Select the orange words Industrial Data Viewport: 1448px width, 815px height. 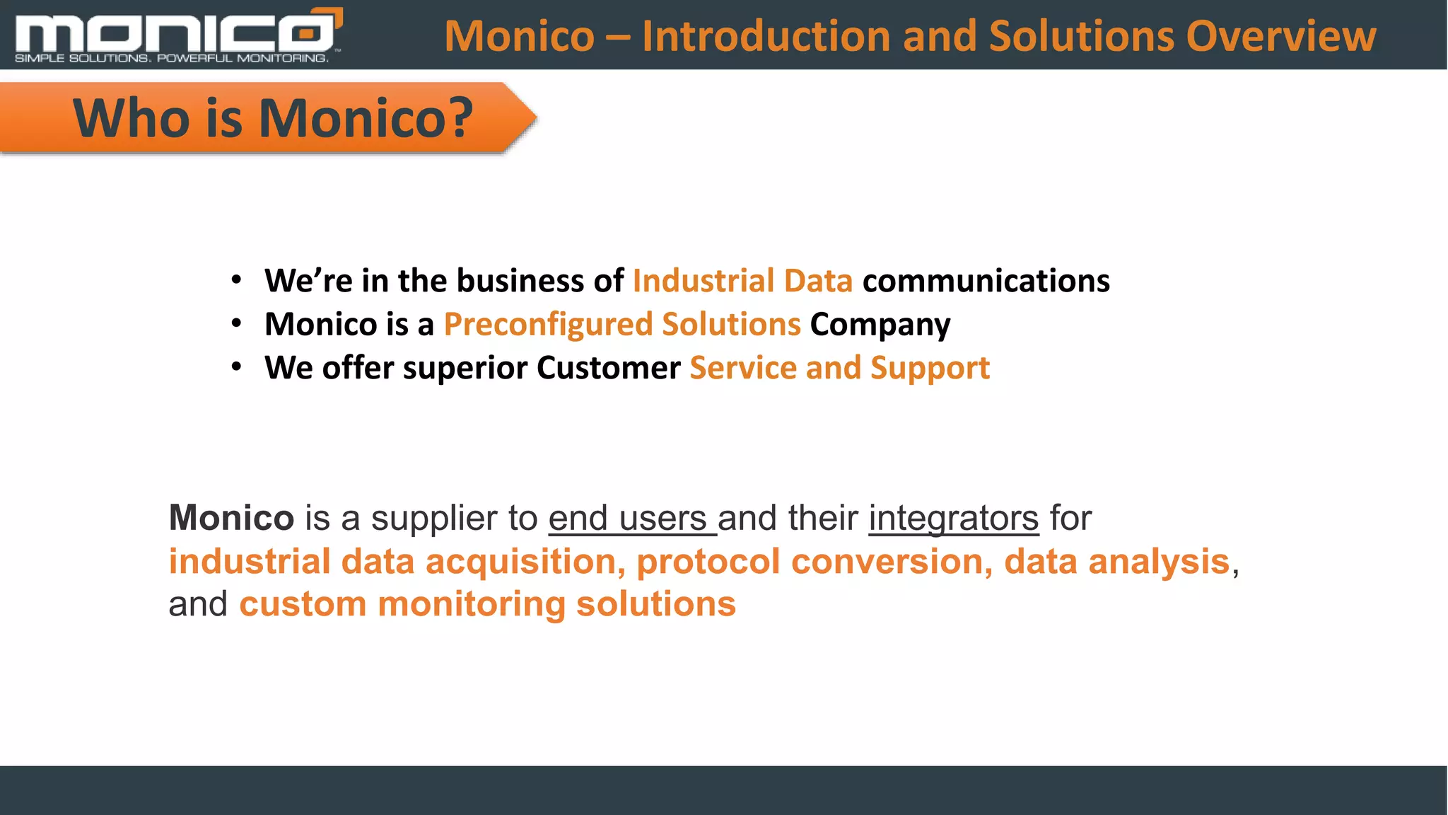pos(742,281)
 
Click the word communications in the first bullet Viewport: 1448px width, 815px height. pos(986,281)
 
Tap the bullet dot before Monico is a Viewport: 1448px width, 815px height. pos(237,324)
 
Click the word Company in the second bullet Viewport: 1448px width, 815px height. pos(880,325)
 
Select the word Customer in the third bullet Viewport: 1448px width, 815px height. pos(608,368)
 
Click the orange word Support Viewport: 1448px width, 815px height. pos(930,369)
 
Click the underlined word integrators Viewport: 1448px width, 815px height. pos(953,518)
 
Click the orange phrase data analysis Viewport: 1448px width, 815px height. pos(1116,562)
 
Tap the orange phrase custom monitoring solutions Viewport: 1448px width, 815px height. pos(487,604)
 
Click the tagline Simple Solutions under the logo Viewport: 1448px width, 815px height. pos(82,58)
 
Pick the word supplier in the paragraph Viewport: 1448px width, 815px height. pos(434,519)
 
